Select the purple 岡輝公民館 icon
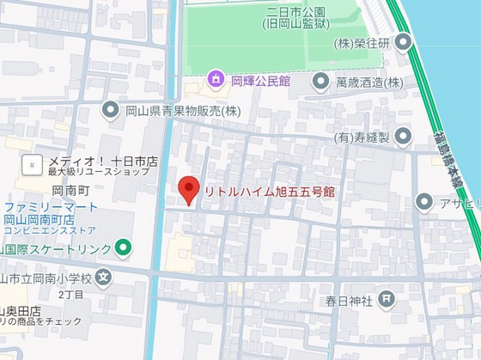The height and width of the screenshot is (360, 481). [215, 82]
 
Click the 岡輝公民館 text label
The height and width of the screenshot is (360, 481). [259, 82]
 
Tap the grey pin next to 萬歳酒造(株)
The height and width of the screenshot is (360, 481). [320, 82]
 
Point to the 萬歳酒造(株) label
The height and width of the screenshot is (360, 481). [368, 82]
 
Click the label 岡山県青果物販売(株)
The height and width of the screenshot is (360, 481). [181, 110]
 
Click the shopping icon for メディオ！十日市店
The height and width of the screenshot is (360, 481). [33, 162]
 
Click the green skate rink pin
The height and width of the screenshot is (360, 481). [124, 249]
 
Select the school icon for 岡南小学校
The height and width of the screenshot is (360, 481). [104, 277]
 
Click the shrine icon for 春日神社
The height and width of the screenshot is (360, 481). [387, 300]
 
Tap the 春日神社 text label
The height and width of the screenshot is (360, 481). [348, 301]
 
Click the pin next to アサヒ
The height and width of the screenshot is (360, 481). [423, 202]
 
